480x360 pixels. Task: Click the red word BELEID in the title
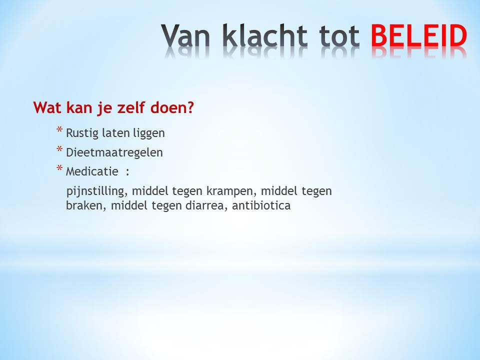pyautogui.click(x=419, y=35)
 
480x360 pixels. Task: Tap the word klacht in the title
pyautogui.click(x=265, y=35)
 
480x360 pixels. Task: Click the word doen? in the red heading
pyautogui.click(x=172, y=107)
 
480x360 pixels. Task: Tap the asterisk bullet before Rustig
pyautogui.click(x=59, y=130)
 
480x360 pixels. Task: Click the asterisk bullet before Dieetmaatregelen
pyautogui.click(x=59, y=149)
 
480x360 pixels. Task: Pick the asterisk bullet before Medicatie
pyautogui.click(x=59, y=168)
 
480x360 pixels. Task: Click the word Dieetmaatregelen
pyautogui.click(x=114, y=152)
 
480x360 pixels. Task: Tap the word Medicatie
pyautogui.click(x=92, y=171)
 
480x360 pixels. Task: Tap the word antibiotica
pyautogui.click(x=261, y=205)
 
